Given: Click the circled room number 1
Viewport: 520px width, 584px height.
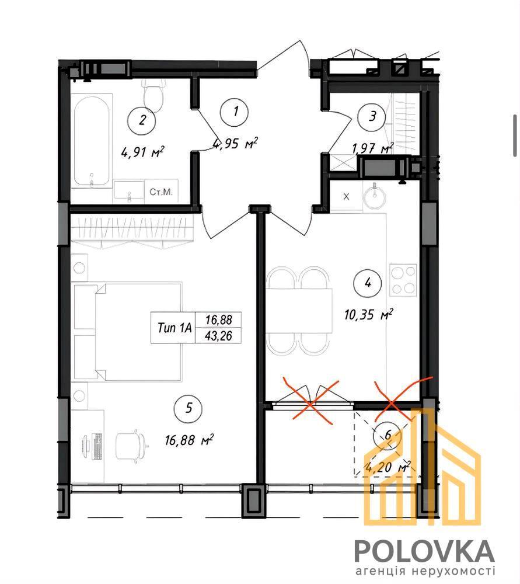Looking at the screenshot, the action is [x=235, y=111].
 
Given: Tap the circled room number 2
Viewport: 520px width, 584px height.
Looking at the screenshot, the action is [x=142, y=120].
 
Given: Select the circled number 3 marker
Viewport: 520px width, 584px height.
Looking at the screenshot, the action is [x=372, y=116].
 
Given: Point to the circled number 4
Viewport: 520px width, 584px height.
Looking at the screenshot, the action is [x=368, y=283].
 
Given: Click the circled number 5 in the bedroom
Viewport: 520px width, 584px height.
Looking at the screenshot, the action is [x=189, y=408].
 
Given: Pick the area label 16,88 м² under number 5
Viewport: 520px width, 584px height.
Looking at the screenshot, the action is [x=189, y=440].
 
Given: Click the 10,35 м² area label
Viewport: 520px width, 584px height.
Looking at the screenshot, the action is [x=369, y=315].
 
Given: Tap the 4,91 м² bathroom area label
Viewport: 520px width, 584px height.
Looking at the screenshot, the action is [x=142, y=152].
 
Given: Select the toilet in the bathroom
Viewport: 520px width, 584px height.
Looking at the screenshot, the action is [x=153, y=96].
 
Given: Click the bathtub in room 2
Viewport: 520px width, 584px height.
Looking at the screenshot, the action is [x=92, y=141].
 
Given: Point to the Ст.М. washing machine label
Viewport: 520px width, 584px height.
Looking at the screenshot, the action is [x=161, y=192].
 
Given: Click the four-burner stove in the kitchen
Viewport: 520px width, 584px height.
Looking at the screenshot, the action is [x=403, y=279].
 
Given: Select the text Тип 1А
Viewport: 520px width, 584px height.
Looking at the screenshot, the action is [x=175, y=328].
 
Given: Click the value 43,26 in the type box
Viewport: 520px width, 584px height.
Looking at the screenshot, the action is [x=218, y=336].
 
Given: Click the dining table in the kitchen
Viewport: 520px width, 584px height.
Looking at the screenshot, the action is [x=299, y=311].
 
